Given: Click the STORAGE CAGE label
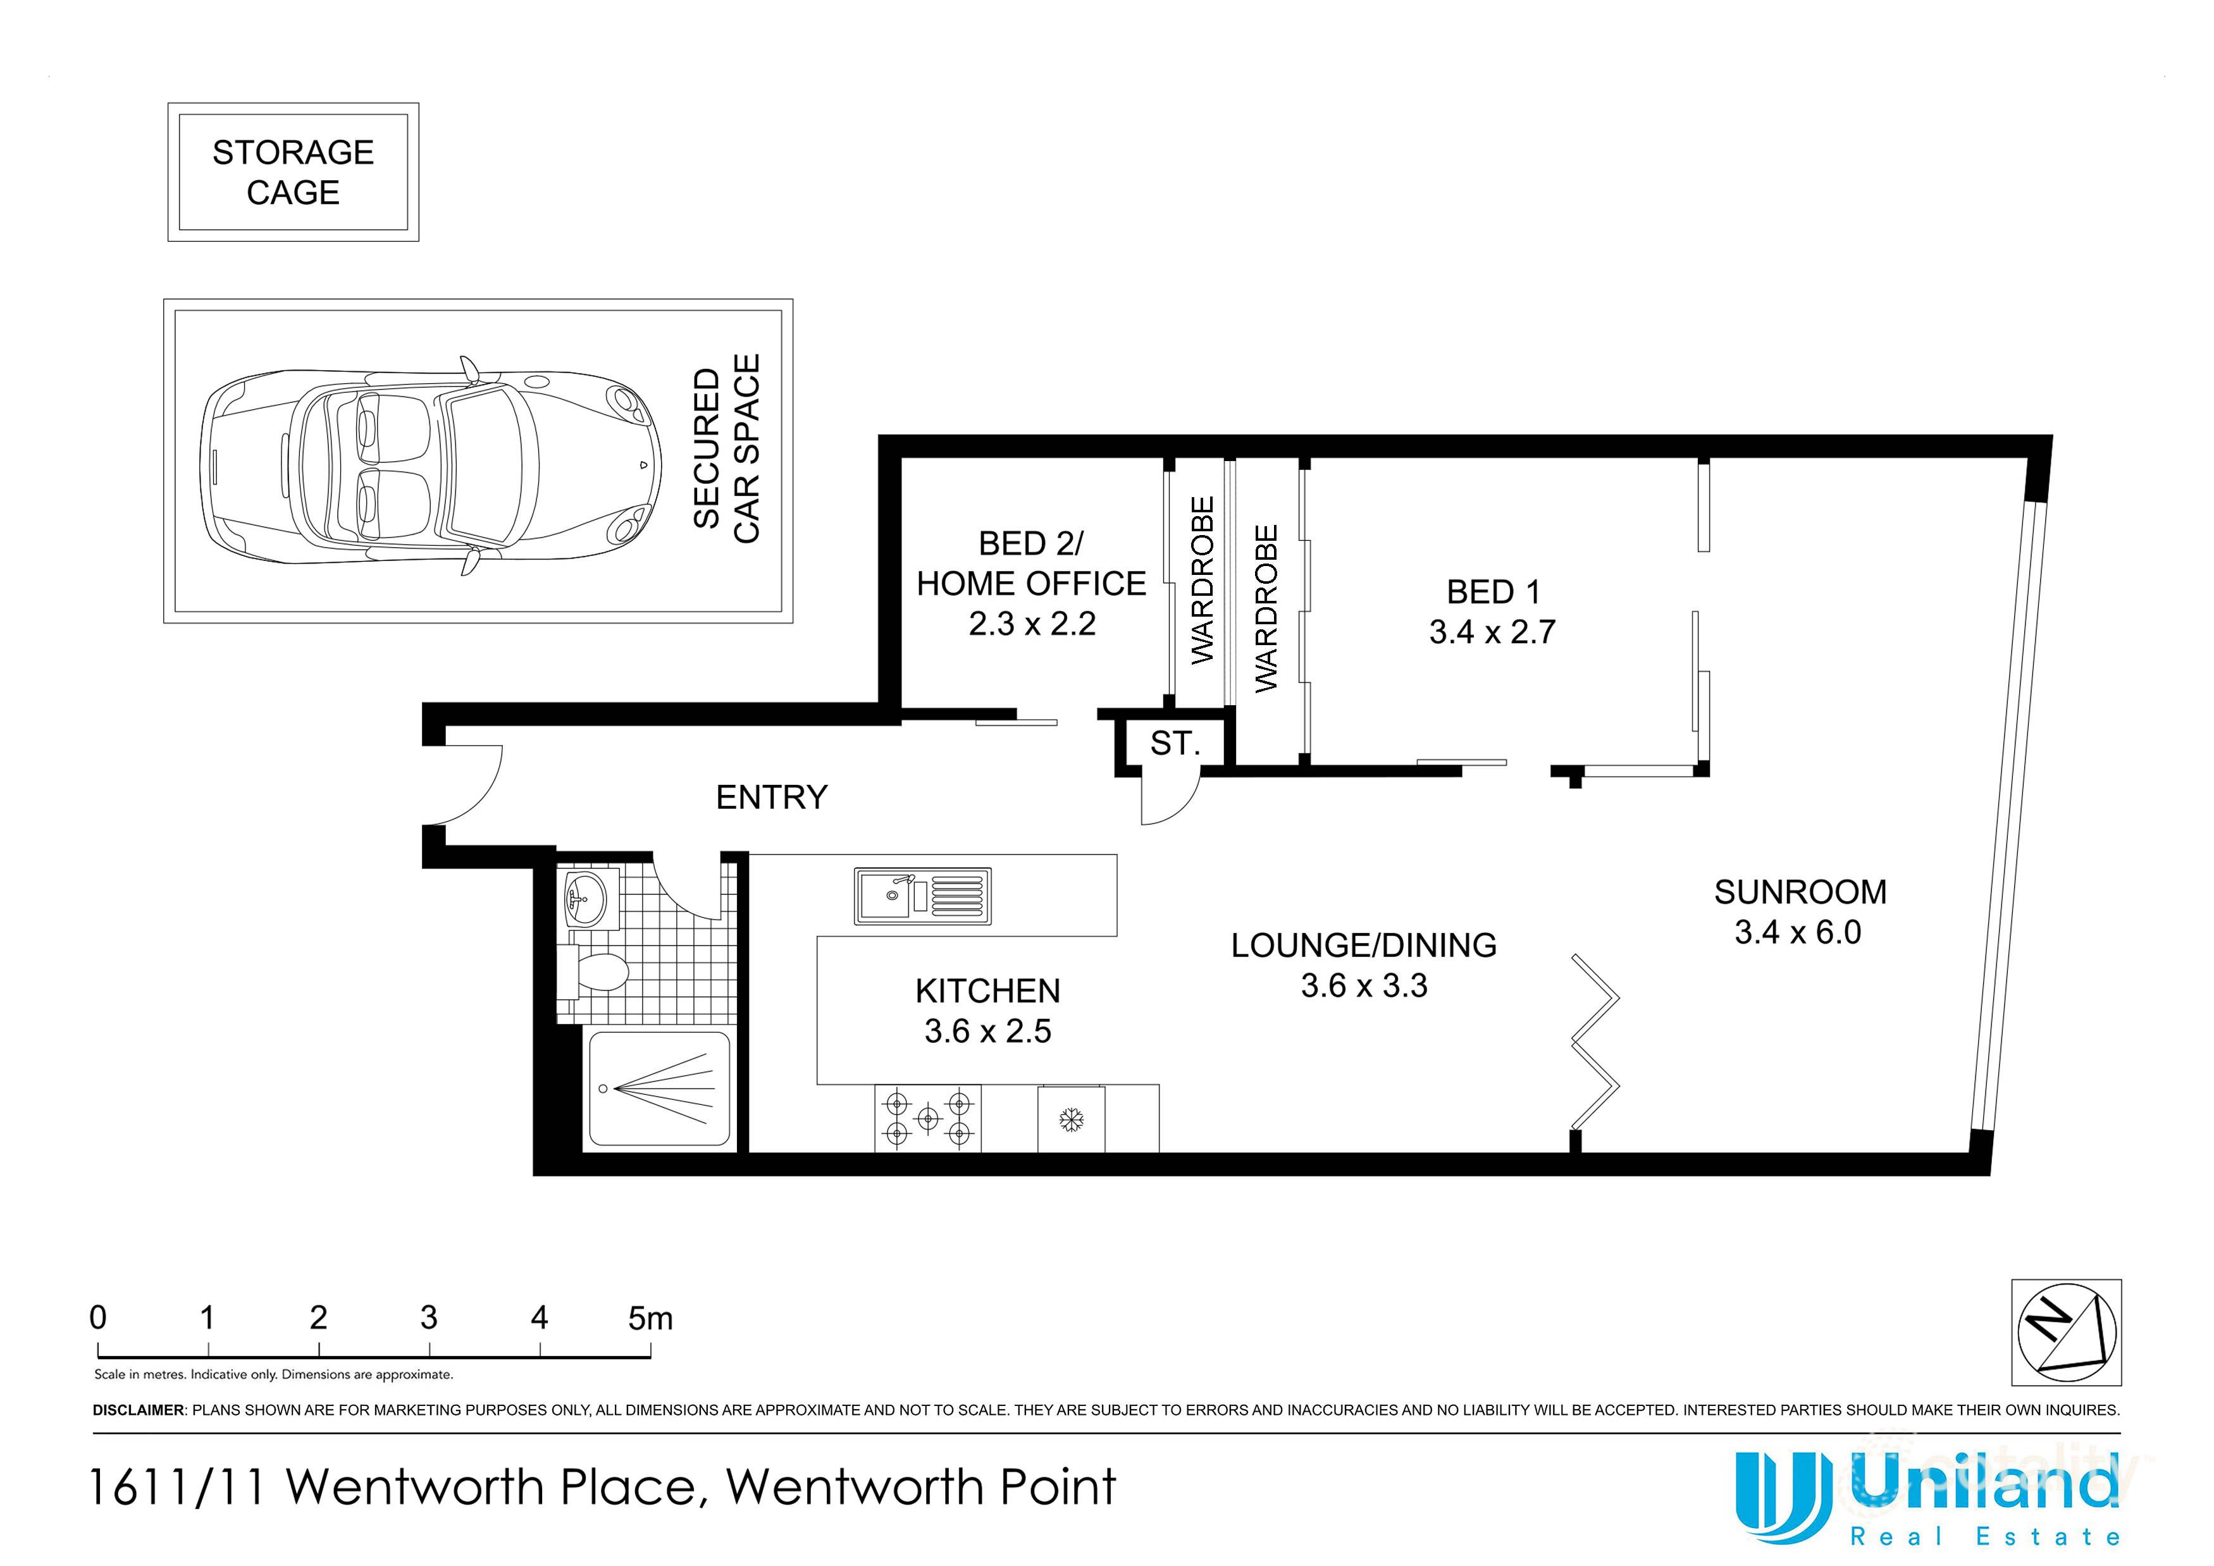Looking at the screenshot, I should (x=293, y=171).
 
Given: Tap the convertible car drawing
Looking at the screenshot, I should (x=430, y=465).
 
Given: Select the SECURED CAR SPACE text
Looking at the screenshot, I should (x=726, y=449).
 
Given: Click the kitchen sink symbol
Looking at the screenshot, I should (x=922, y=896).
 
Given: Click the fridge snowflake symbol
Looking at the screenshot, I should (x=1072, y=1119).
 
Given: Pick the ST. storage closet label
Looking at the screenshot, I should (x=1175, y=743).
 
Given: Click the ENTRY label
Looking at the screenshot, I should (x=772, y=798).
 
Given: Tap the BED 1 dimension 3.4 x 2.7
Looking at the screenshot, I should (x=1492, y=632).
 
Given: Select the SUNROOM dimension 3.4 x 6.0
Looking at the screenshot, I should (x=1797, y=932).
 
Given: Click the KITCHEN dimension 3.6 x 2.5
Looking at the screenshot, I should (x=987, y=1031).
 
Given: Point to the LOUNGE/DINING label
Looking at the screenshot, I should (x=1363, y=945).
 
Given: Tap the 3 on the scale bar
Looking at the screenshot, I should (x=428, y=1317).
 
